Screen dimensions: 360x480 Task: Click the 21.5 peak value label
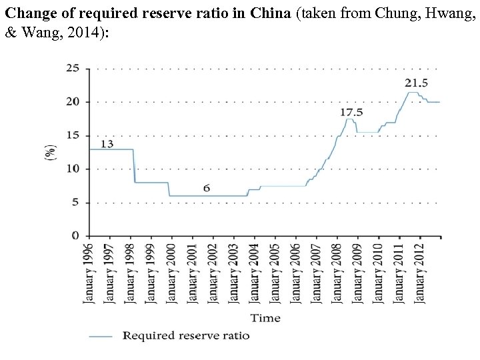[416, 83]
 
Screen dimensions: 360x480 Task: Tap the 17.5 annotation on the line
[351, 112]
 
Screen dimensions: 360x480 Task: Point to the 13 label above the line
[107, 143]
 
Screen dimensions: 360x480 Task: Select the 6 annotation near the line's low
[207, 188]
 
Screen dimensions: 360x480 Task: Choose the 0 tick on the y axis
[75, 236]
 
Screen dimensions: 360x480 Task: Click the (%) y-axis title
[50, 152]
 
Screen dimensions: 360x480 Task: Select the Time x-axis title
[265, 318]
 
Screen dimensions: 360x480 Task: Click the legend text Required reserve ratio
[186, 335]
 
